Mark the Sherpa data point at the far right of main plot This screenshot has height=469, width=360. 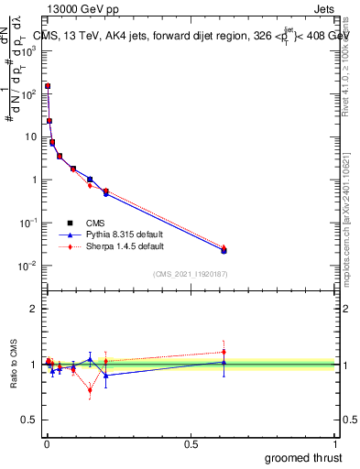(224, 247)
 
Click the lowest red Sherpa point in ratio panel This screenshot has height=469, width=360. (90, 390)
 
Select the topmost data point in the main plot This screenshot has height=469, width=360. (48, 86)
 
